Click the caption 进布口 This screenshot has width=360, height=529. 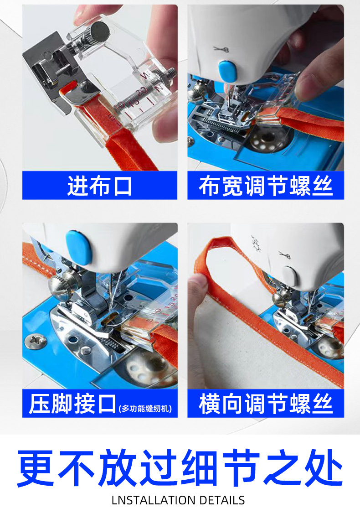[100, 187]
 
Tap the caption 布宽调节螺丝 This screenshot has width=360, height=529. [265, 187]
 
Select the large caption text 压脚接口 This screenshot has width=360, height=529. [72, 405]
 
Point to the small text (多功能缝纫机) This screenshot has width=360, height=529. [145, 409]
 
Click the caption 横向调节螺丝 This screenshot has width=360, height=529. [265, 405]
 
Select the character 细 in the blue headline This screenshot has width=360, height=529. [197, 468]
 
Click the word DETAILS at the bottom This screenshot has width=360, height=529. [222, 500]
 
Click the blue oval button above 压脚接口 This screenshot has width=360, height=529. [78, 246]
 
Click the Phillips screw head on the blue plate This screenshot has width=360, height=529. [34, 340]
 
